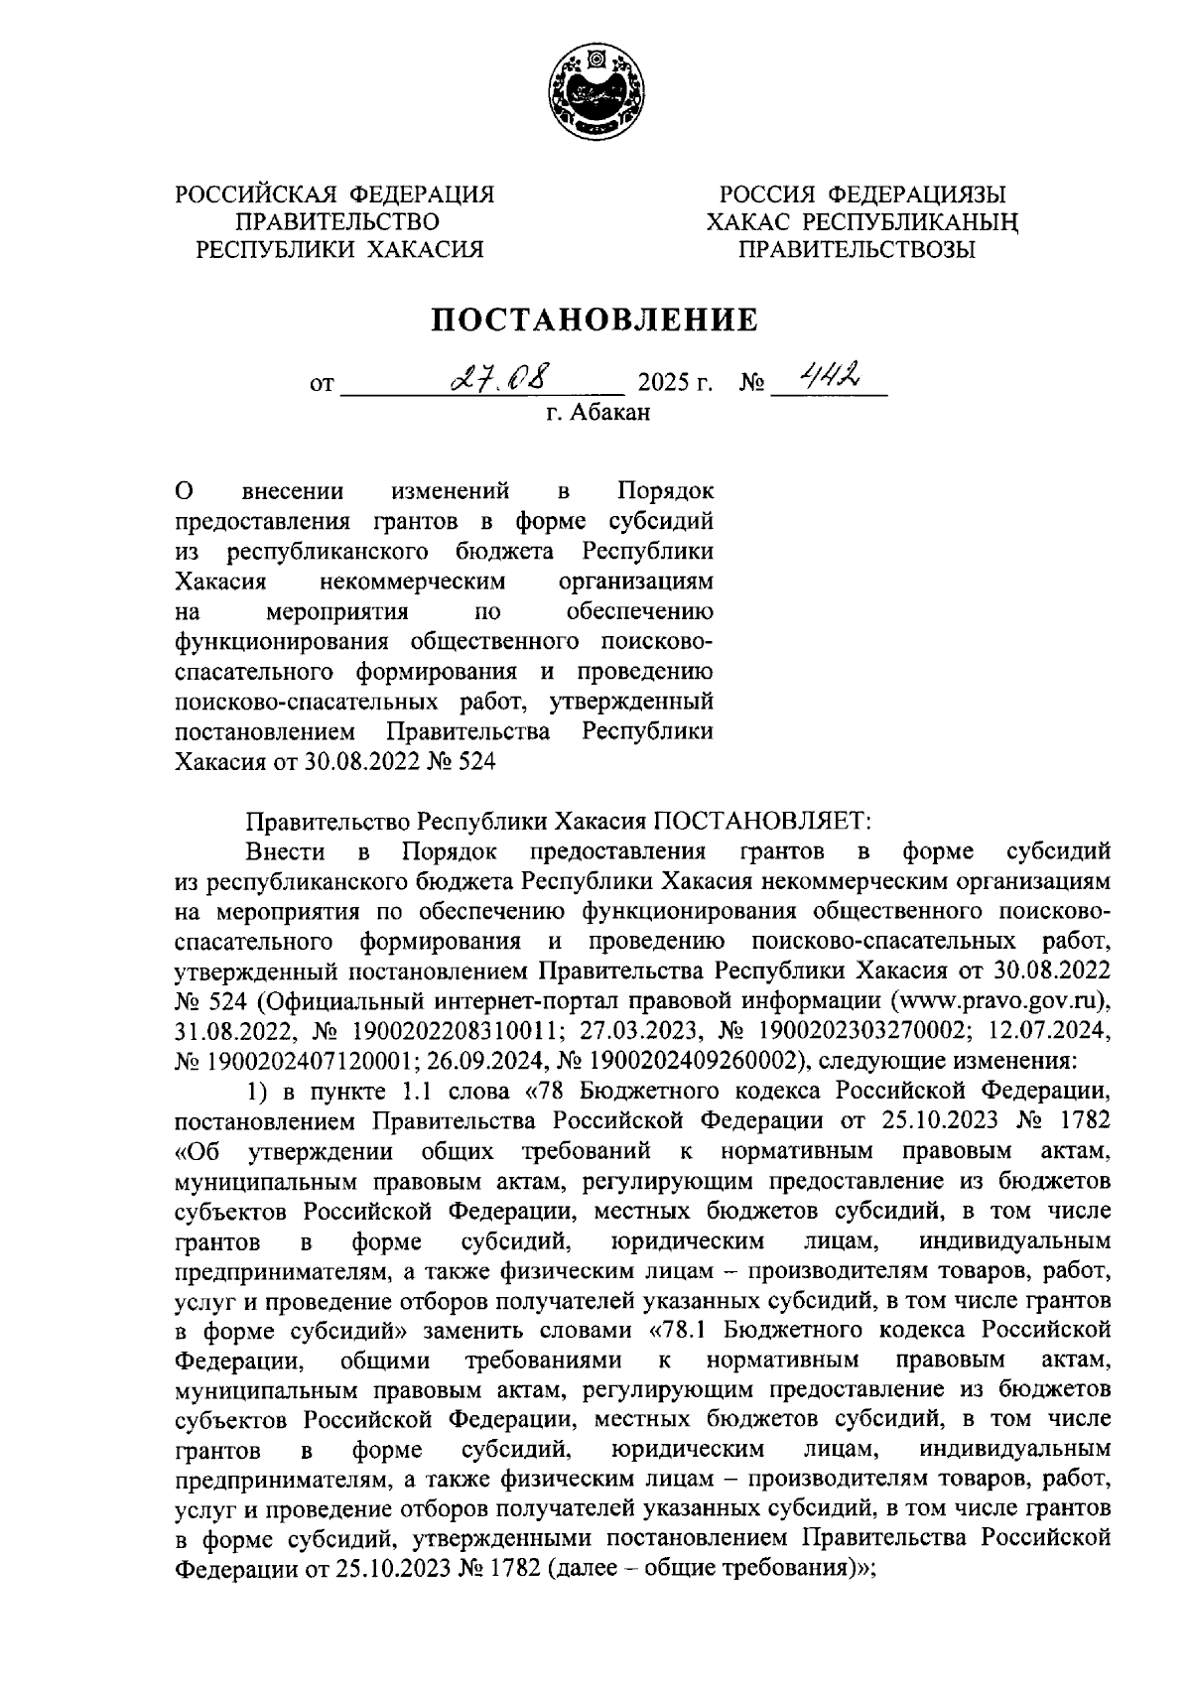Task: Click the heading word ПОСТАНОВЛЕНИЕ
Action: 594,321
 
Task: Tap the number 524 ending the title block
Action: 475,763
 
